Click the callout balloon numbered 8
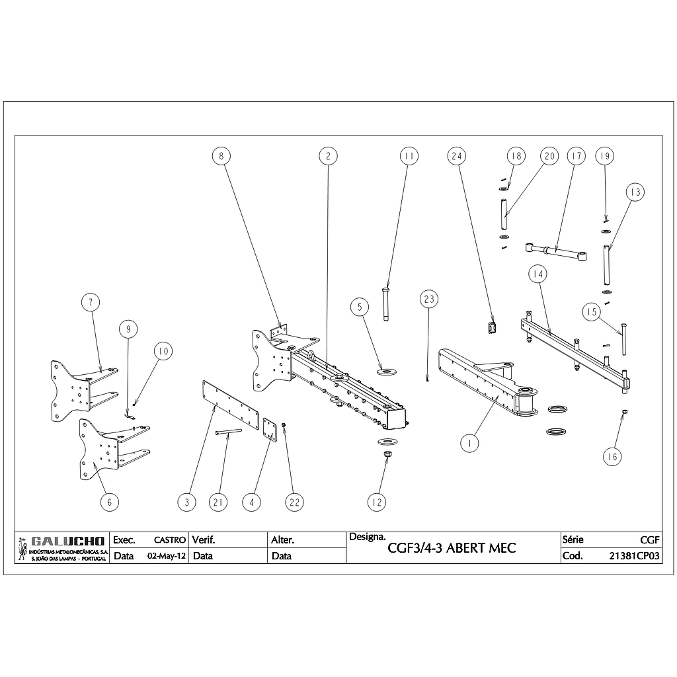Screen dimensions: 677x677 pos(221,156)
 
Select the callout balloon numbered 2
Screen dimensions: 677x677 pos(328,156)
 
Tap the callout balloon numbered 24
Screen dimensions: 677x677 pos(456,156)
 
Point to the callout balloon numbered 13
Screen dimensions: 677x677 pos(635,192)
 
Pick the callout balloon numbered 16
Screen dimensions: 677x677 pos(612,456)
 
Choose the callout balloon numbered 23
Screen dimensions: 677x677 pos(429,299)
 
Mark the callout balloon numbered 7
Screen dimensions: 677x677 pos(91,302)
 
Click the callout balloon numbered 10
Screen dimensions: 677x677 pos(163,351)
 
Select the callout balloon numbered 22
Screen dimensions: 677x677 pos(294,502)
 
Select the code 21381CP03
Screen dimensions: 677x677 pos(634,556)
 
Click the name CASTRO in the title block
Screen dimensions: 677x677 pos(169,540)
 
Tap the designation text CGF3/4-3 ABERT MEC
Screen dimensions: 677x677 pos(452,548)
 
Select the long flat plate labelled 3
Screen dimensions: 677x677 pos(230,409)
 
